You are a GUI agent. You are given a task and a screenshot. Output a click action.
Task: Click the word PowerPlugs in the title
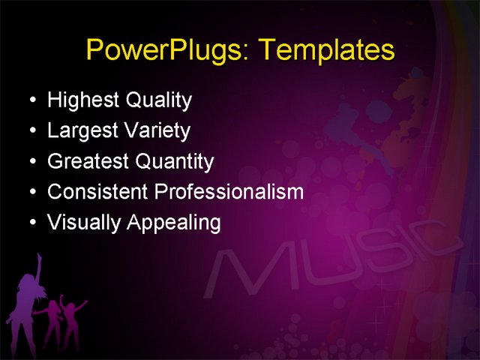pyautogui.click(x=168, y=50)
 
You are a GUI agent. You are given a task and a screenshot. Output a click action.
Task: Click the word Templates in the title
pyautogui.click(x=326, y=50)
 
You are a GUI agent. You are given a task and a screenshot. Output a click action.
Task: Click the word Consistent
pyautogui.click(x=97, y=192)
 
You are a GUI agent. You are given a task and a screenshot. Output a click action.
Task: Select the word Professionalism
pyautogui.click(x=229, y=192)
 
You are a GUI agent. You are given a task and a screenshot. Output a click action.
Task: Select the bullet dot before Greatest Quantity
pyautogui.click(x=30, y=162)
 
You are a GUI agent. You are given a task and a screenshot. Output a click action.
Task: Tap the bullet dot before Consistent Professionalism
pyautogui.click(x=30, y=193)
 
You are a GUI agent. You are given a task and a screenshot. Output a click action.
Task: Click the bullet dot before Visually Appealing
pyautogui.click(x=30, y=223)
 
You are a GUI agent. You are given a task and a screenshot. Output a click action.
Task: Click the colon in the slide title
pyautogui.click(x=250, y=52)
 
